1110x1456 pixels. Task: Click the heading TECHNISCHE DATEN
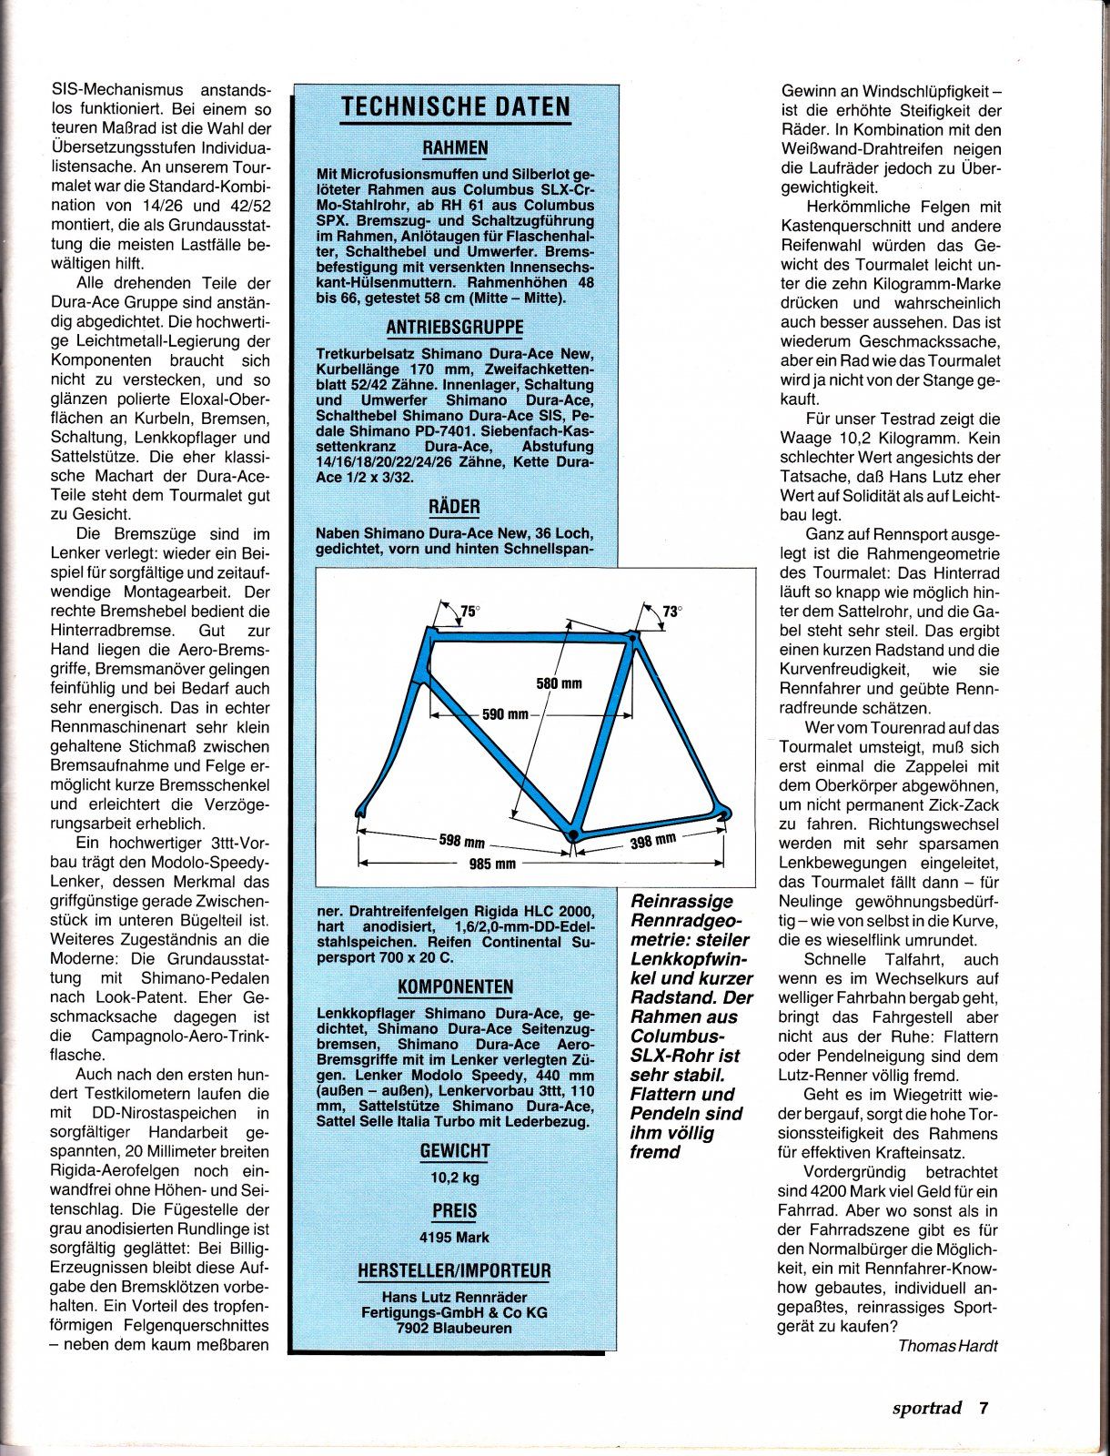(455, 107)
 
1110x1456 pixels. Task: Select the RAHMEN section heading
(455, 148)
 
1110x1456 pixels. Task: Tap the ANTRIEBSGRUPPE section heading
(455, 328)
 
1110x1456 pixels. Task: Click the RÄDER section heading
(455, 507)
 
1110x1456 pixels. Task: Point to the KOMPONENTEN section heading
(455, 987)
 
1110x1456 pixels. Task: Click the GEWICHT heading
(455, 1151)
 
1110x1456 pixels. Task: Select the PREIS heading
(455, 1211)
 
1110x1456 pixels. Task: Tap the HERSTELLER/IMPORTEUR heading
(455, 1271)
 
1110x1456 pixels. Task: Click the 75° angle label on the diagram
(469, 612)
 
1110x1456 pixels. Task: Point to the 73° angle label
(671, 612)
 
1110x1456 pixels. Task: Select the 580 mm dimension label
(559, 682)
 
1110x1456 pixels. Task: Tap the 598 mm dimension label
(462, 841)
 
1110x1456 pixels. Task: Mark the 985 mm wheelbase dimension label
(492, 864)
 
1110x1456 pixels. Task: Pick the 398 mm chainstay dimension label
(652, 841)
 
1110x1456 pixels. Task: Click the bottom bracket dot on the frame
(572, 833)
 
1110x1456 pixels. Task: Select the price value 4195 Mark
(455, 1238)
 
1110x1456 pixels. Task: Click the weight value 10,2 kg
(455, 1178)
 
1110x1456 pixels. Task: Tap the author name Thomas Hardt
(947, 1345)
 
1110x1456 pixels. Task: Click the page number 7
(983, 1408)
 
